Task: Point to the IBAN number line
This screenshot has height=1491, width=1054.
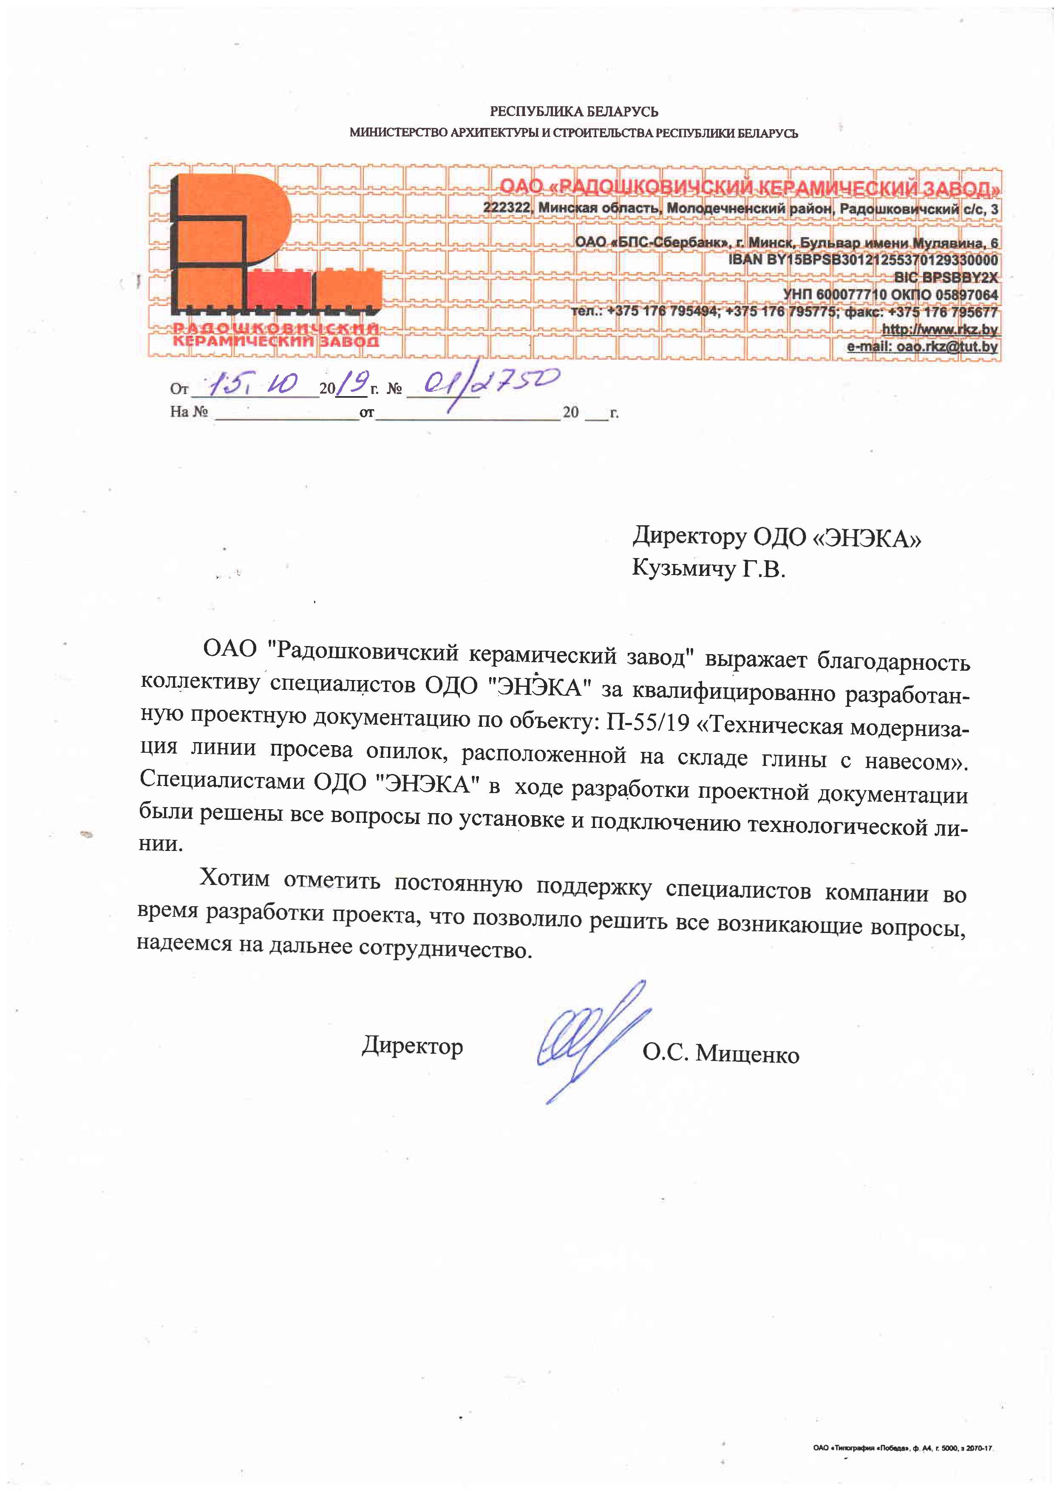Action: [863, 260]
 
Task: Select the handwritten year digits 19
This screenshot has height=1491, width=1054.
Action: [356, 385]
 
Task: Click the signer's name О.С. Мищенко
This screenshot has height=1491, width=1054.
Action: [721, 1053]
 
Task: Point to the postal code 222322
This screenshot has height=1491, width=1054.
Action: [507, 208]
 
